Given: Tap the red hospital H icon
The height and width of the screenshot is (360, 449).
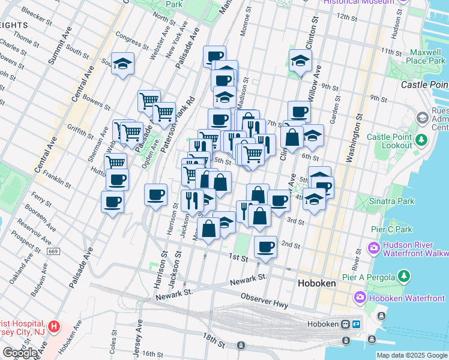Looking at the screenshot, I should coord(54,328).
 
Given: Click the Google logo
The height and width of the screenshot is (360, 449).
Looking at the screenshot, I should coord(20,353).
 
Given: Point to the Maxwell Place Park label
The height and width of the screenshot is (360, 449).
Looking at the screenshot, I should coord(421,56).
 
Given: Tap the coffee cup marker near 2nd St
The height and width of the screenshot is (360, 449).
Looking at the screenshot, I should coord(265,246).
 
